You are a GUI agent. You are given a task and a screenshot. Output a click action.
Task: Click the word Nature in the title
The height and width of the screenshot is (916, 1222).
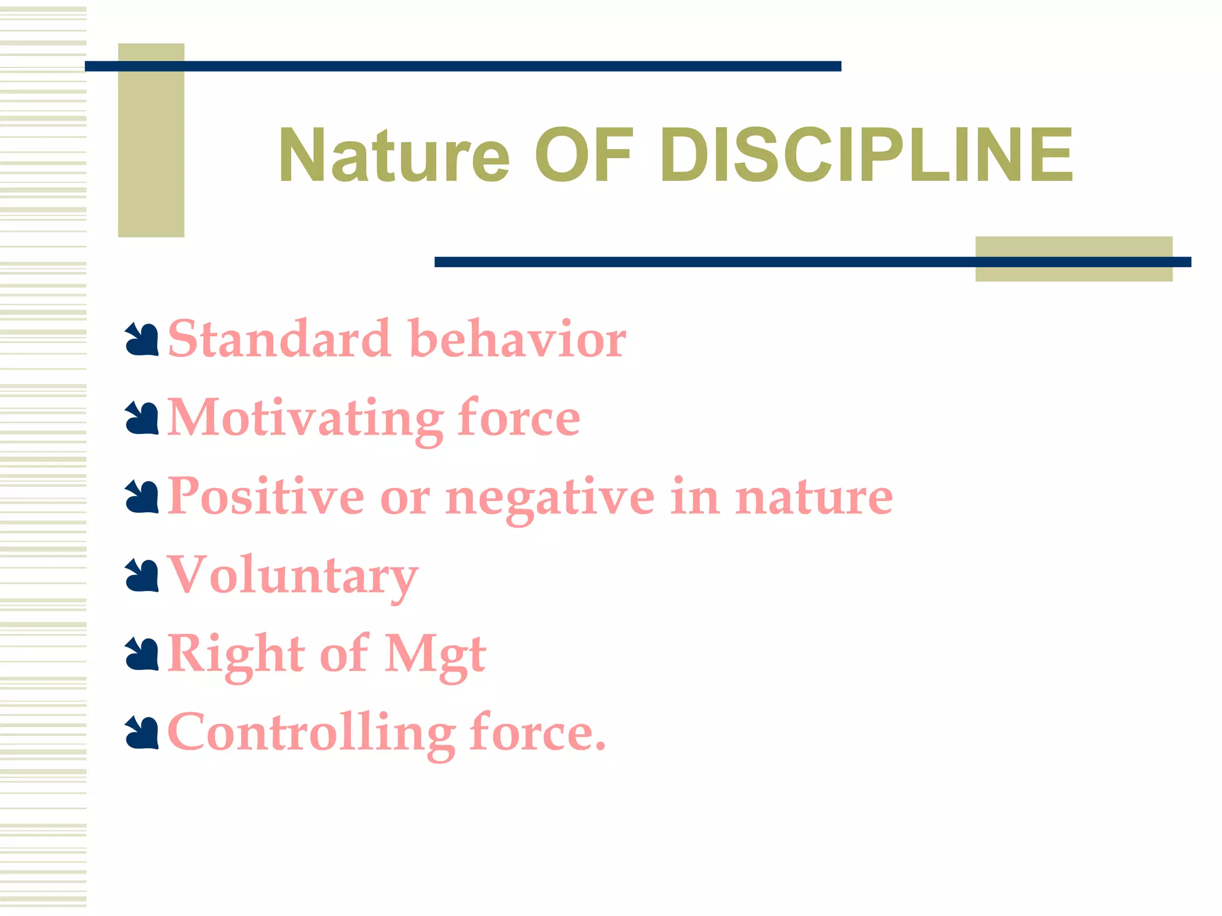click(x=394, y=156)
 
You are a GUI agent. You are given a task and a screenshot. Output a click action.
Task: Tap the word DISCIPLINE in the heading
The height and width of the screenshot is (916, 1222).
click(x=866, y=156)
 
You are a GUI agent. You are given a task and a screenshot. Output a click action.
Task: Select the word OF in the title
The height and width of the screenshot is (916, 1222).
click(x=583, y=156)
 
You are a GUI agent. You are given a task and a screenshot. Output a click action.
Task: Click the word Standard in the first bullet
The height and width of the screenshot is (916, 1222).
click(x=279, y=339)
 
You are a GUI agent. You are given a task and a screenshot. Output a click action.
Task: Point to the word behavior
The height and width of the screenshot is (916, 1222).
click(x=518, y=339)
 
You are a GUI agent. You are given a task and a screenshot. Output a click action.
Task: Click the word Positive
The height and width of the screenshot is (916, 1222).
click(x=266, y=497)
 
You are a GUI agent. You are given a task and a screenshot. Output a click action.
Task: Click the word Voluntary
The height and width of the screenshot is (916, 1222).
click(x=292, y=576)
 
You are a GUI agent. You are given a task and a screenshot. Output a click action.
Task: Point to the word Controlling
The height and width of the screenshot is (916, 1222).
click(x=311, y=734)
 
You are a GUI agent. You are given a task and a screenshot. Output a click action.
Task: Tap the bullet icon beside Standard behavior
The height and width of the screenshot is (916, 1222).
click(x=142, y=341)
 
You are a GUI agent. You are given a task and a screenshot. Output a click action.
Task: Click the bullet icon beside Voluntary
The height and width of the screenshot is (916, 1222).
click(x=142, y=576)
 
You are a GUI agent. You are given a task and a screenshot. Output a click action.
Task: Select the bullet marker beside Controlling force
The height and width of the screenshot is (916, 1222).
click(x=142, y=734)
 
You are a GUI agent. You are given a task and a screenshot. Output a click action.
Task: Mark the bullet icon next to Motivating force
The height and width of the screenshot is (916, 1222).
click(x=142, y=419)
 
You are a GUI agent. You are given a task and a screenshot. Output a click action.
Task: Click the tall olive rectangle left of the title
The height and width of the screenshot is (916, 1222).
click(x=151, y=140)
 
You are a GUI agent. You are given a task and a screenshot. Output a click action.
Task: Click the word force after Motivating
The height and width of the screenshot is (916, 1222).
click(x=519, y=418)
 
